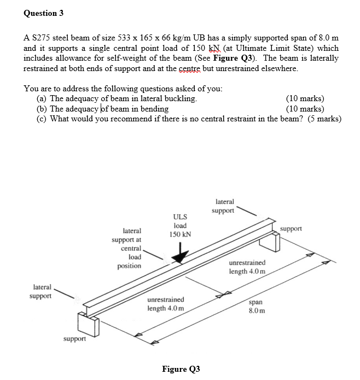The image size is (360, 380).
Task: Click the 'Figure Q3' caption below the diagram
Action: point(181,369)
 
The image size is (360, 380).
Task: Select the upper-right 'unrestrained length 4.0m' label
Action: point(247,267)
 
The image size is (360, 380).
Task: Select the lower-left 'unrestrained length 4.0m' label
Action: point(166,304)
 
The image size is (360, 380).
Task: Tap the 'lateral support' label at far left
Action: point(42,291)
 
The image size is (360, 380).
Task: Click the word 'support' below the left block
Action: point(74,339)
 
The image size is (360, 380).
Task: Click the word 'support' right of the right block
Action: point(291,228)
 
